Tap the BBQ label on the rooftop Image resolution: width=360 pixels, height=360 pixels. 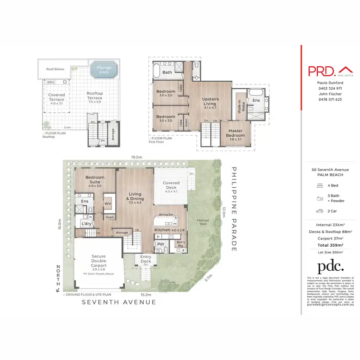pyautogui.click(x=51, y=82)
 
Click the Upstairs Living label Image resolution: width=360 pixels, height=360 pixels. pyautogui.click(x=210, y=101)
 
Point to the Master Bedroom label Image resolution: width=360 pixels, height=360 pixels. pyautogui.click(x=235, y=133)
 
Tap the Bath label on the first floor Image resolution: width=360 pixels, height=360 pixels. pyautogui.click(x=167, y=72)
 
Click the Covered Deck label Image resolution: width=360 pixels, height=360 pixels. pyautogui.click(x=171, y=185)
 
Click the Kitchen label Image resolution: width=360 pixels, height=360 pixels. pyautogui.click(x=163, y=230)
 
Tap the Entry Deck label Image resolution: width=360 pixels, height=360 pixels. pyautogui.click(x=145, y=259)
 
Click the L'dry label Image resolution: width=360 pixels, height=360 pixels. pyautogui.click(x=86, y=224)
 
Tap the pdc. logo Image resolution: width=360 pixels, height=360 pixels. pyautogui.click(x=331, y=267)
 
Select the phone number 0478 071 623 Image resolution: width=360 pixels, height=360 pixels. pyautogui.click(x=329, y=99)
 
